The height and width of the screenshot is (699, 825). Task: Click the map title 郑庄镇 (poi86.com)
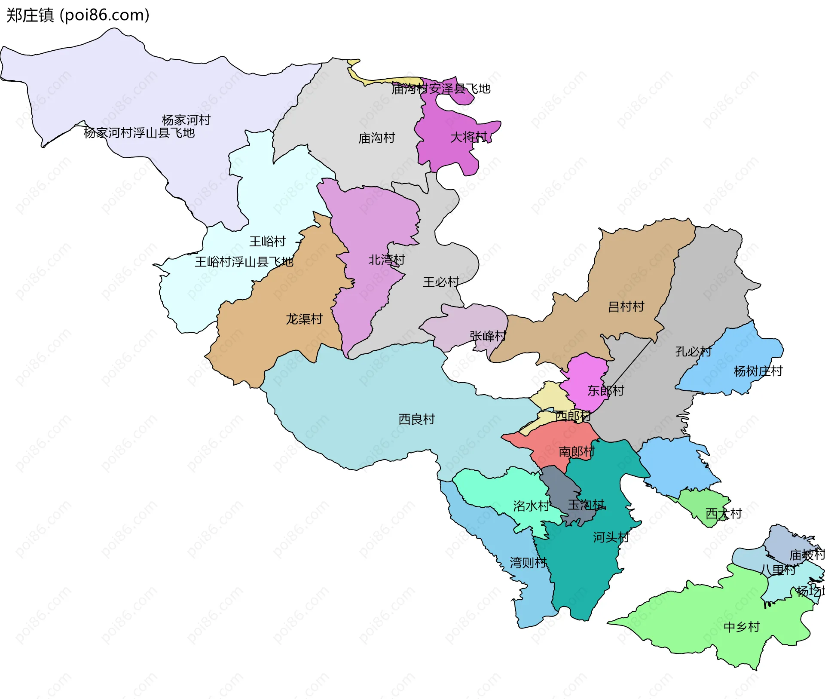pyautogui.click(x=78, y=15)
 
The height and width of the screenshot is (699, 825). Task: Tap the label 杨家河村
pyautogui.click(x=186, y=120)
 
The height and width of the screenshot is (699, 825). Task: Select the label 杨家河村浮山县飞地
pyautogui.click(x=139, y=133)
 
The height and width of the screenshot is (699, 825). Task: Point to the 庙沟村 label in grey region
pyautogui.click(x=376, y=138)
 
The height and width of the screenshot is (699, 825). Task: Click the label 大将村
pyautogui.click(x=468, y=137)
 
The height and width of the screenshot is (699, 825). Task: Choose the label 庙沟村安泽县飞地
pyautogui.click(x=441, y=89)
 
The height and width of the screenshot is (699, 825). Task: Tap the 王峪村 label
pyautogui.click(x=267, y=242)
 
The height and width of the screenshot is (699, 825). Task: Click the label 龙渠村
pyautogui.click(x=304, y=319)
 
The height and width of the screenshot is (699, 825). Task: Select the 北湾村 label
pyautogui.click(x=387, y=260)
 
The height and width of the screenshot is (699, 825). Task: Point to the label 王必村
pyautogui.click(x=441, y=282)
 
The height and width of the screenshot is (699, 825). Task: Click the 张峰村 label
pyautogui.click(x=488, y=336)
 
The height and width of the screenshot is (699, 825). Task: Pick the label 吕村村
pyautogui.click(x=626, y=307)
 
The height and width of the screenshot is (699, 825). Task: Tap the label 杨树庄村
pyautogui.click(x=758, y=371)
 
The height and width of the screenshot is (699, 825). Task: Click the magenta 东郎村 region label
pyautogui.click(x=605, y=390)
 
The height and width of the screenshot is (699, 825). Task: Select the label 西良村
pyautogui.click(x=416, y=419)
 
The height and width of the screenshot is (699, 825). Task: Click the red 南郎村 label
pyautogui.click(x=577, y=451)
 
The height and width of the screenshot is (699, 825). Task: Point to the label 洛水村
pyautogui.click(x=531, y=506)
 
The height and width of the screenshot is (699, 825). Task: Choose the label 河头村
pyautogui.click(x=611, y=537)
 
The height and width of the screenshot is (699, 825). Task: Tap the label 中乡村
pyautogui.click(x=742, y=627)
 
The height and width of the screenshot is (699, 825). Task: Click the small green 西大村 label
pyautogui.click(x=724, y=513)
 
